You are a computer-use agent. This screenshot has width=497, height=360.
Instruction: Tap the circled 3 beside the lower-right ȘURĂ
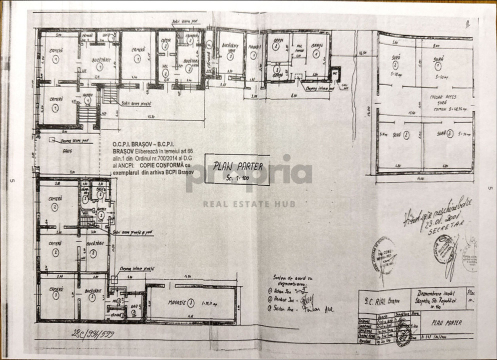tap(449, 134)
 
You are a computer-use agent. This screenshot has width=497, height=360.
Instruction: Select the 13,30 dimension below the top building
tap(149, 117)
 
